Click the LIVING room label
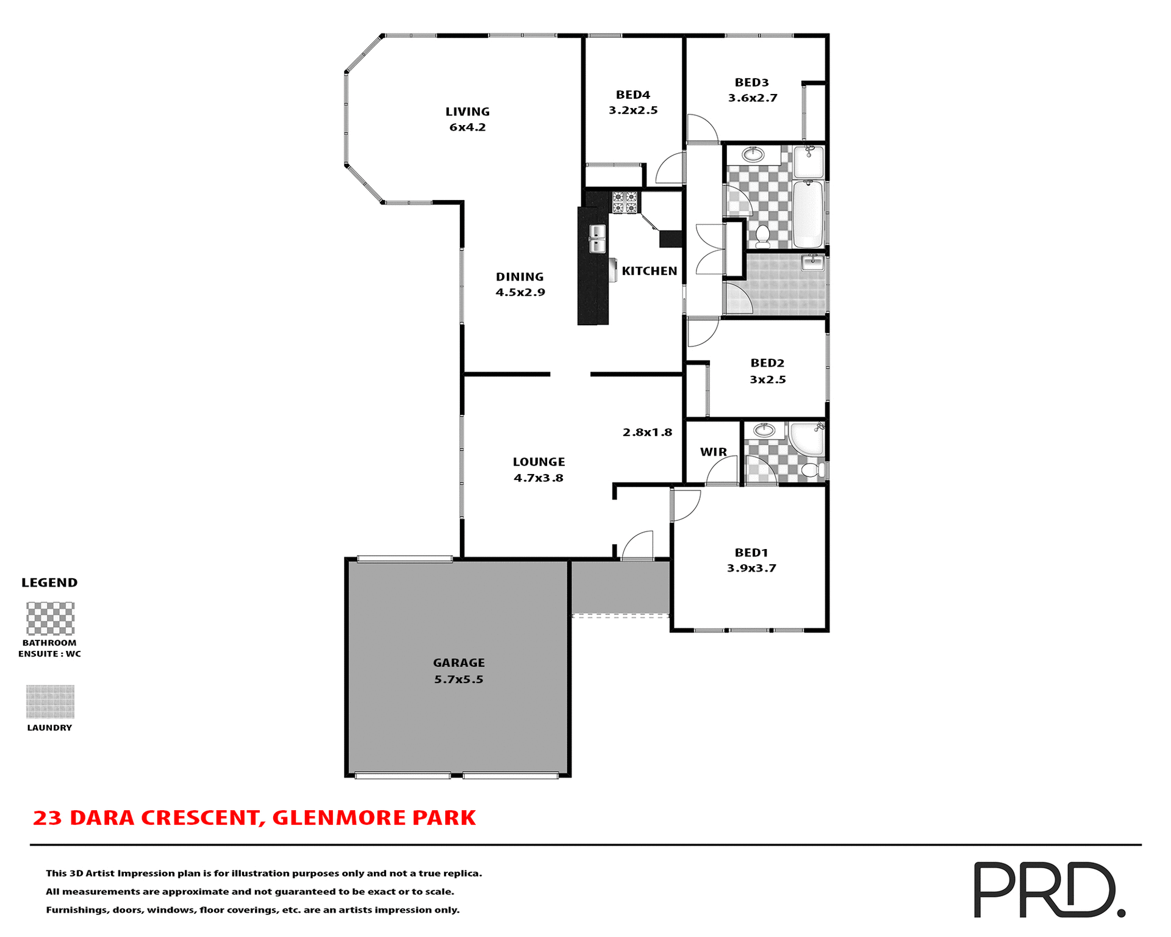point(467,112)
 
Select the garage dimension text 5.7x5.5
point(459,680)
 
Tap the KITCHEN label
point(650,271)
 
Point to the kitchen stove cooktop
point(625,203)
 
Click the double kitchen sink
point(596,239)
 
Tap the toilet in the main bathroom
point(762,235)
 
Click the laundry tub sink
point(812,262)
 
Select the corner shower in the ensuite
point(806,438)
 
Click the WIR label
point(713,452)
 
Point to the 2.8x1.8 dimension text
point(647,433)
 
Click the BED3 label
point(751,82)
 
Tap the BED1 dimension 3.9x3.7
point(751,569)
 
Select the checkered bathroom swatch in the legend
point(51,619)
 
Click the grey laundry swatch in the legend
point(51,702)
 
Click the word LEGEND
point(49,583)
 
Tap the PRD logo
point(1048,889)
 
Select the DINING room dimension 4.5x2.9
point(520,292)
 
